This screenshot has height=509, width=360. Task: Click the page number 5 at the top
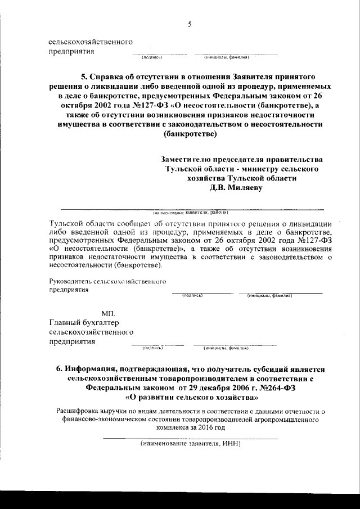pos(190,24)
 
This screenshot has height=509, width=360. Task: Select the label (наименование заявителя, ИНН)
pos(190,443)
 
